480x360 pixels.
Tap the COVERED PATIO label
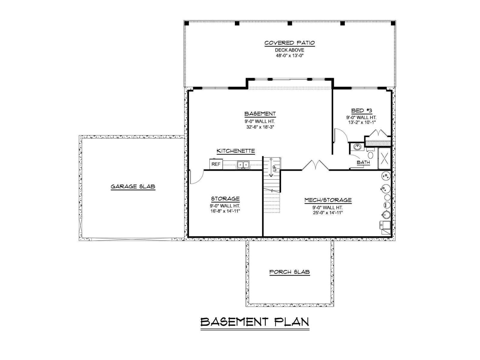tap(289, 43)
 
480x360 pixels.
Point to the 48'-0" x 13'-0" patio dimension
tap(290, 55)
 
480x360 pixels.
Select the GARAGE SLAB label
tap(133, 187)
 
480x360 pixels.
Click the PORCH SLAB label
tap(289, 272)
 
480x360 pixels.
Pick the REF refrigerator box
tap(216, 164)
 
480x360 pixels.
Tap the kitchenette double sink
tap(243, 165)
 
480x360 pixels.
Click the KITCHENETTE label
tap(236, 151)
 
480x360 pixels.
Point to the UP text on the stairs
tap(275, 168)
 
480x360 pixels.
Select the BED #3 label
tap(362, 111)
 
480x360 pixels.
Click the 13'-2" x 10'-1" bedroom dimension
tap(362, 122)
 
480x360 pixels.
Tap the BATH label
tap(363, 162)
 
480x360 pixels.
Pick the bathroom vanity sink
tap(357, 147)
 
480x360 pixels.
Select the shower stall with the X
tap(384, 158)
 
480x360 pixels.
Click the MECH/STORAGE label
tap(328, 200)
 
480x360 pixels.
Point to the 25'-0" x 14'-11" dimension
tap(328, 213)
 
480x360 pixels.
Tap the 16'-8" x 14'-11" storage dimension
tap(225, 211)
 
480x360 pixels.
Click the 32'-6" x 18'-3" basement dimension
tap(260, 127)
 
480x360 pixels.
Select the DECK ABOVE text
tap(289, 50)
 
